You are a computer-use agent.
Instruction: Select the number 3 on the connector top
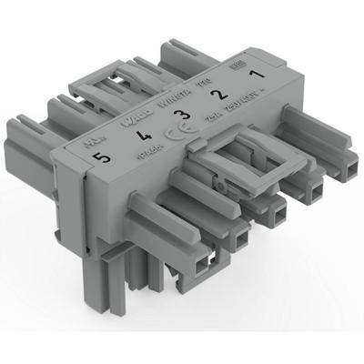pyautogui.click(x=178, y=113)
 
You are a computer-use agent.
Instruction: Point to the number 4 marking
pyautogui.click(x=138, y=135)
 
